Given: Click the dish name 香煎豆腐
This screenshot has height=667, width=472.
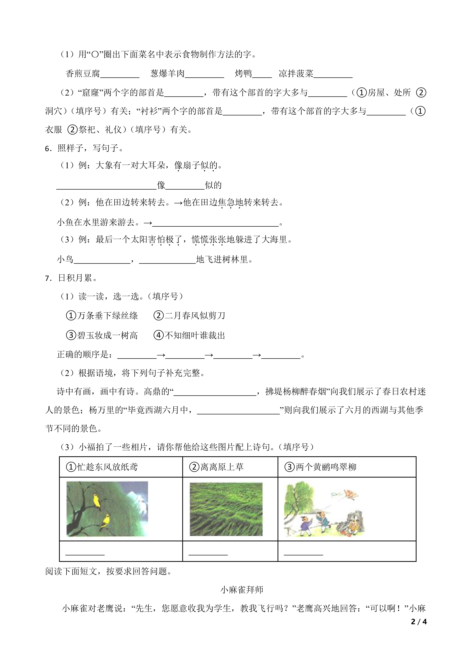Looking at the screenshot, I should click(83, 74).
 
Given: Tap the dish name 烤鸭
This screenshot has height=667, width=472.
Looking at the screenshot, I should click(243, 74).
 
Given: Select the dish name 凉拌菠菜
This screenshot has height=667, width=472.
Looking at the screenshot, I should click(296, 74).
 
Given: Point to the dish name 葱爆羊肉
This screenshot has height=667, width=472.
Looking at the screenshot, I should click(167, 74).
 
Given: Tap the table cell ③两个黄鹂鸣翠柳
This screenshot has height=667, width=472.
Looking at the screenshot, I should click(320, 467).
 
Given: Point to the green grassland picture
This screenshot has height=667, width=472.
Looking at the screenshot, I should click(226, 509).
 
